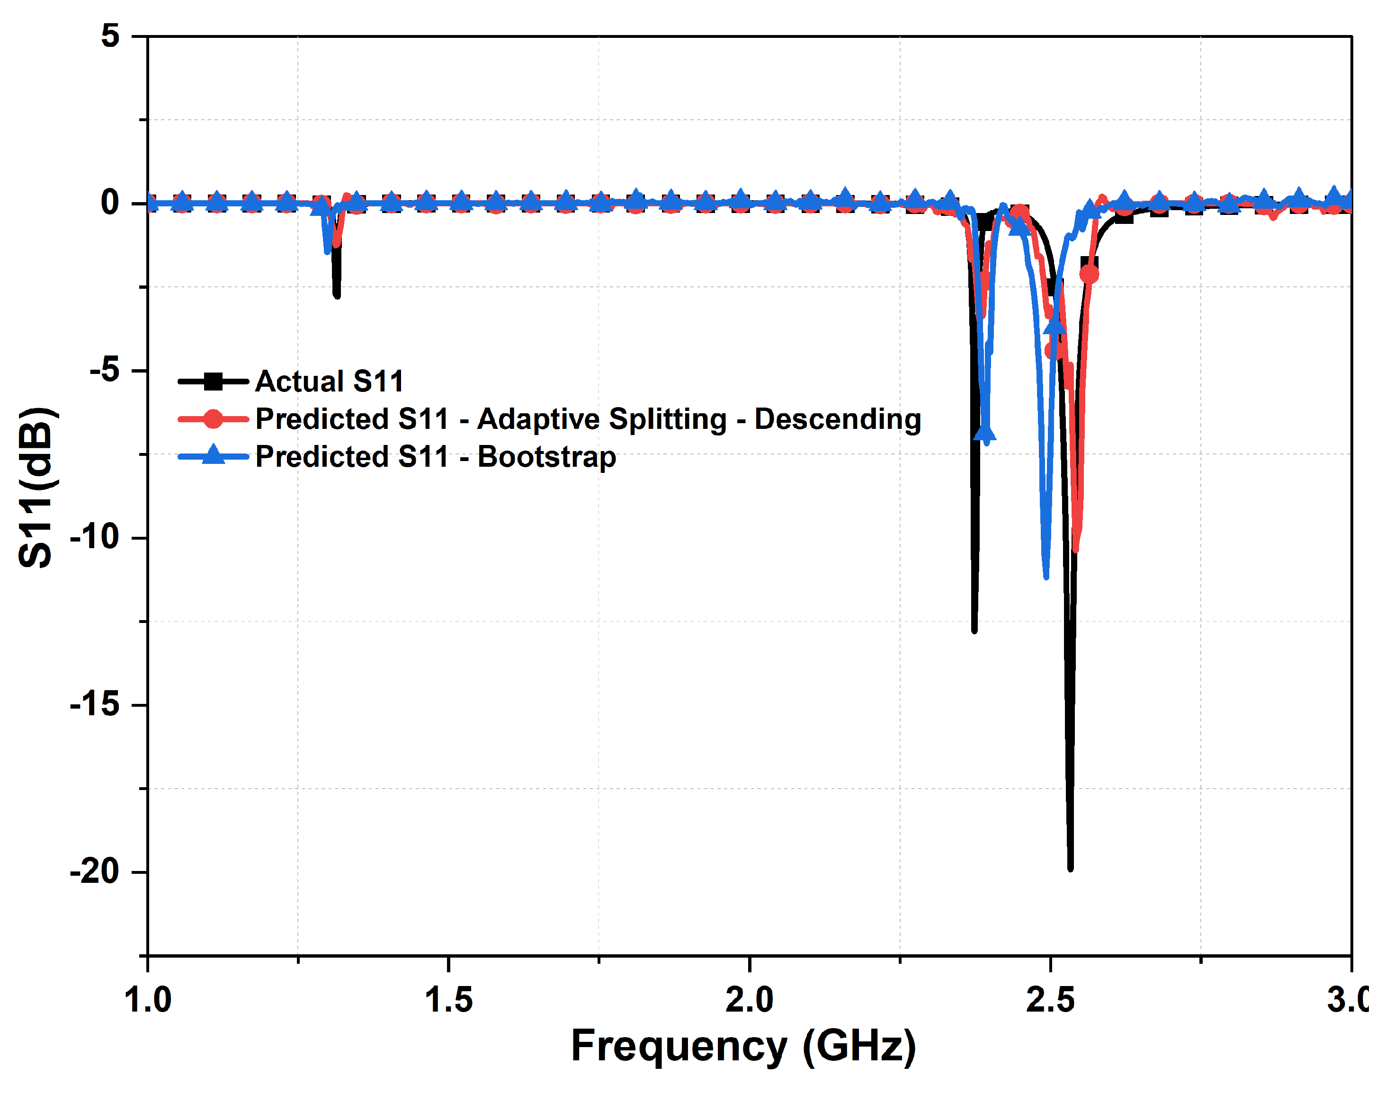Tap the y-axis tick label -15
(x=95, y=704)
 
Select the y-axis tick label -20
(x=95, y=871)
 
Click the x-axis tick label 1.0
(x=148, y=1000)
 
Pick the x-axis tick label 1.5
(x=449, y=1000)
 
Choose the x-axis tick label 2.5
(x=1050, y=1000)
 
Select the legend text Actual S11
(x=330, y=382)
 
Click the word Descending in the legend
(x=838, y=419)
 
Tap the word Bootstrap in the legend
(x=547, y=457)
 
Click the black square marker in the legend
(x=213, y=382)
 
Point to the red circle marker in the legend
(x=213, y=419)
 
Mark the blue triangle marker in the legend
(x=213, y=456)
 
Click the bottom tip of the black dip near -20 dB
(x=1070, y=868)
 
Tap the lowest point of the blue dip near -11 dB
(x=1046, y=577)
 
